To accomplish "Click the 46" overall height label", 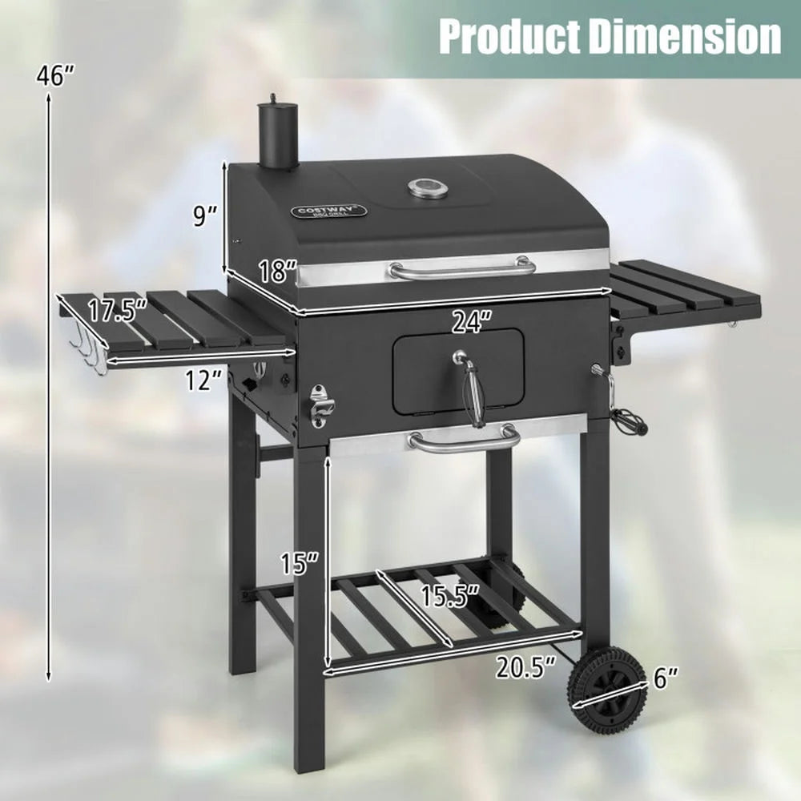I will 55,76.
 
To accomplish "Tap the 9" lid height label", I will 205,217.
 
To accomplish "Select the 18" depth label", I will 277,271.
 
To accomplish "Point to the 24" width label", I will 470,322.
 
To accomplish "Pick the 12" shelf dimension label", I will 203,380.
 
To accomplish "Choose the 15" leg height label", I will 300,564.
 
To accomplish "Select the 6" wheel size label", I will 664,679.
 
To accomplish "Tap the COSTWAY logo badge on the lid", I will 328,211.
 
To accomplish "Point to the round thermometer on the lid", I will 424,189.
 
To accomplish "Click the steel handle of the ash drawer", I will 464,440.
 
